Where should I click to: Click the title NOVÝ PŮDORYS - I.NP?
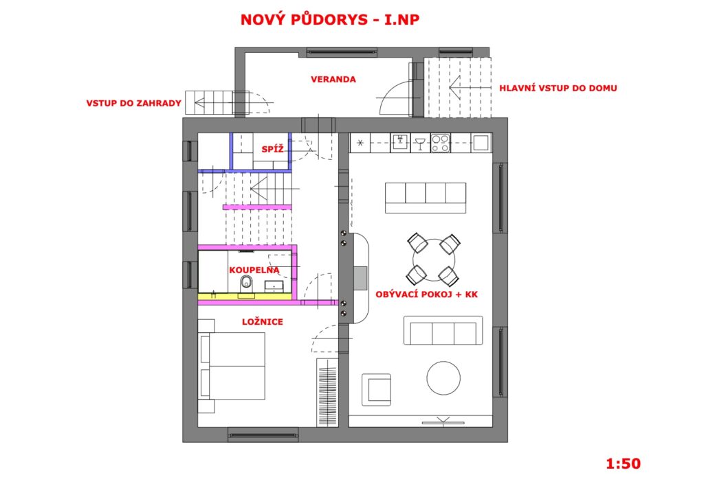330,19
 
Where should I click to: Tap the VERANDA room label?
333,80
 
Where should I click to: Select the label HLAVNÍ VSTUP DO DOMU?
558,89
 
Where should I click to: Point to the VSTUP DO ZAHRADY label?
134,103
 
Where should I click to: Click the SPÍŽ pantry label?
272,149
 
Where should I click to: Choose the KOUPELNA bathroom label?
254,270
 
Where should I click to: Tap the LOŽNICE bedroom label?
263,322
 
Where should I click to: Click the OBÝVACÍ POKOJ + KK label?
426,294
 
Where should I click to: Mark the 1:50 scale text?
623,463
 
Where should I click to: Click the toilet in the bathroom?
246,284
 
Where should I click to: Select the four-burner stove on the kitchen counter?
440,143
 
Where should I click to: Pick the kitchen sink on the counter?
400,142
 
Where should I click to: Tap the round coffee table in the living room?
443,378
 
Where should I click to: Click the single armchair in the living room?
376,390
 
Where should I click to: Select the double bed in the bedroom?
232,366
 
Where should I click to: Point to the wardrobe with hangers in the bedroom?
327,392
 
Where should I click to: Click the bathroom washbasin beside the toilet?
274,286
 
